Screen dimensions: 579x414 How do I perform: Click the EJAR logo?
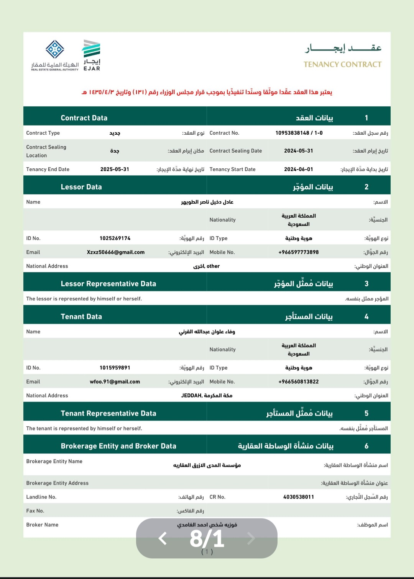92,55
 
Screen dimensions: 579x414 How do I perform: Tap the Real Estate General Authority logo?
55,55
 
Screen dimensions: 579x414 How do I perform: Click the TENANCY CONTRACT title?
342,64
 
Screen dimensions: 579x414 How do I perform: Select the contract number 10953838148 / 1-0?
299,133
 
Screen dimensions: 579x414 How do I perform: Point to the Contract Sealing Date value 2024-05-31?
299,151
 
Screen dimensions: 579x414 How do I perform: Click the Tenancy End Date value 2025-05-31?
115,169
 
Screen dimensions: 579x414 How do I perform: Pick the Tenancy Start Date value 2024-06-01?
299,169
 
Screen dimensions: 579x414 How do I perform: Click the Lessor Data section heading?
81,187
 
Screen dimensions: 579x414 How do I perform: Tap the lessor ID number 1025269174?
115,238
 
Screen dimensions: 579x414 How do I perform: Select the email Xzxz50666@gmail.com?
116,252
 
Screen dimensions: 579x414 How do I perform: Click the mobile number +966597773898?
299,252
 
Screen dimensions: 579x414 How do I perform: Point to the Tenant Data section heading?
81,317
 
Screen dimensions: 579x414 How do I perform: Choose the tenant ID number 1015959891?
115,368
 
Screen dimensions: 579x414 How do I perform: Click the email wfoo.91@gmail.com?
115,382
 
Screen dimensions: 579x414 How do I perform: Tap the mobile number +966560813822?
299,382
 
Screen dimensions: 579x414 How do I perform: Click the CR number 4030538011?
299,497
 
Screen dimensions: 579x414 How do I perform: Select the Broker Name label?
42,525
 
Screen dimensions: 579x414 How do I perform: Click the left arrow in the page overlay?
163,538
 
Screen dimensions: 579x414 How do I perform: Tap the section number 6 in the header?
366,446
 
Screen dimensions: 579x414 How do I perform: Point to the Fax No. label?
35,511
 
